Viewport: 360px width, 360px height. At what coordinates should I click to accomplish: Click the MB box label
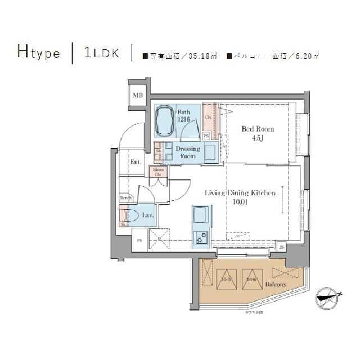click(138, 96)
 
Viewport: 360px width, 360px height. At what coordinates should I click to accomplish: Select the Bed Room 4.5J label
click(258, 133)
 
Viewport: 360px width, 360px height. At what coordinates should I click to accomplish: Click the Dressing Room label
click(188, 152)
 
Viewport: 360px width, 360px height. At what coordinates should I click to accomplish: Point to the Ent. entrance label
click(136, 163)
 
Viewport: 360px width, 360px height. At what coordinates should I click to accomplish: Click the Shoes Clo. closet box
click(158, 172)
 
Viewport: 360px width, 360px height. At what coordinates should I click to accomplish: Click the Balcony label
click(276, 285)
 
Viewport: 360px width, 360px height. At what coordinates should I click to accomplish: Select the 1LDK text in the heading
click(101, 53)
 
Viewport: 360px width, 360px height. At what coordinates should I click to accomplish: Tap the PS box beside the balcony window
click(281, 246)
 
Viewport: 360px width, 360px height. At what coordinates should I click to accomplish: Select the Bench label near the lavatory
click(125, 197)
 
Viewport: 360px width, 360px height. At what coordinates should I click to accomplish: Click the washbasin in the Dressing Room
click(210, 152)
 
